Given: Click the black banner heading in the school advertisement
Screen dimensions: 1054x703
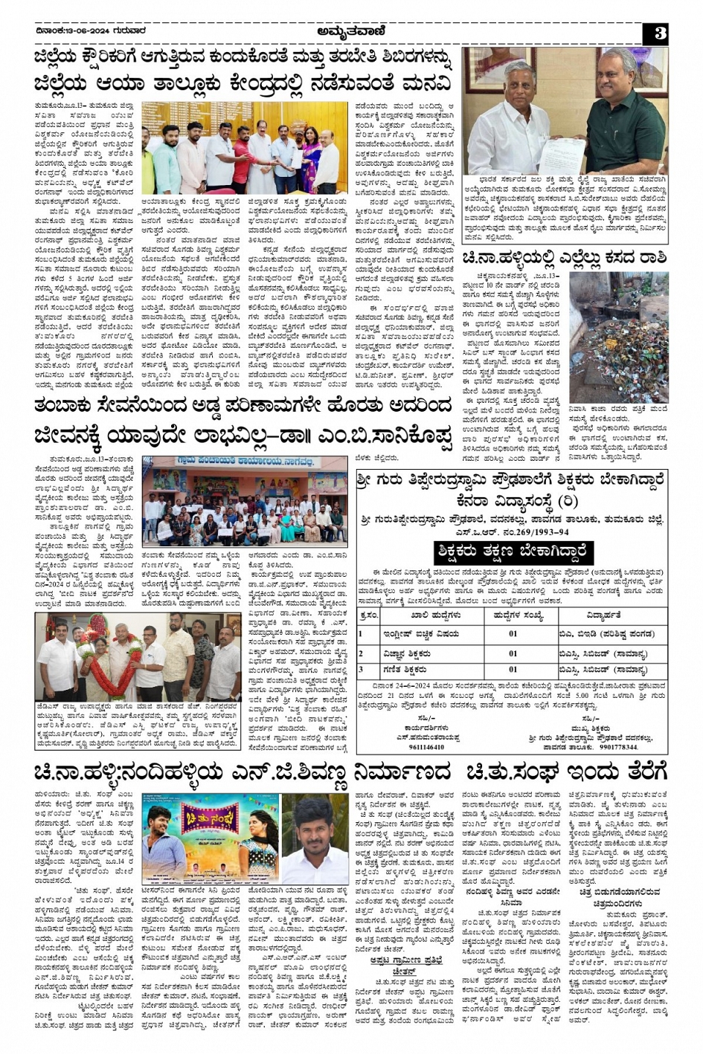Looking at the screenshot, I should coord(513,552).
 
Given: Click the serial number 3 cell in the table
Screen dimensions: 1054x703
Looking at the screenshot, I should coord(362,669).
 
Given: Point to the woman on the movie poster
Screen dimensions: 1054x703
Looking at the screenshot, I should coord(249,840).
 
